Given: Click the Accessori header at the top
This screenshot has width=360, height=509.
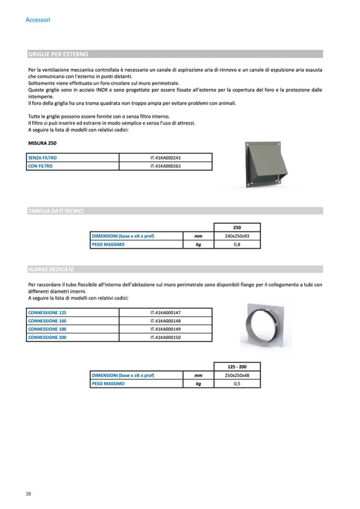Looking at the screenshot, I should [38, 20].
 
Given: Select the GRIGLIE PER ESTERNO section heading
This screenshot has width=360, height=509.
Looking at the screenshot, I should [58, 54].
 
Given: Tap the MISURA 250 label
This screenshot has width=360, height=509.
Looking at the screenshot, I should [41, 143].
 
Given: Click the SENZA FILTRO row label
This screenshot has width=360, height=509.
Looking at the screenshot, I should [42, 158].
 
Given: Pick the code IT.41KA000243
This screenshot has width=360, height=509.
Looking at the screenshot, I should [166, 158].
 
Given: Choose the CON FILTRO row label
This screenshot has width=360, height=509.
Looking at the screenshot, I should [40, 166].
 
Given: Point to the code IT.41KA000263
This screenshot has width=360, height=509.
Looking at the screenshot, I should [166, 166].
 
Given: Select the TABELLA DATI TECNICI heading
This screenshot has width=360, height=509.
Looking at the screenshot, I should [55, 211].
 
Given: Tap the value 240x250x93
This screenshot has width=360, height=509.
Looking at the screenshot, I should [237, 236].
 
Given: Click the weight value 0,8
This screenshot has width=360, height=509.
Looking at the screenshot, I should [237, 245].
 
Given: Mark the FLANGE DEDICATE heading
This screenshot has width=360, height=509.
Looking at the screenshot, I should [50, 270].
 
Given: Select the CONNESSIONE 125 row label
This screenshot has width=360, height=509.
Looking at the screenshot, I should [47, 313].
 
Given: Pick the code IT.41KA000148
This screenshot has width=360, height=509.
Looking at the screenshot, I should [166, 321].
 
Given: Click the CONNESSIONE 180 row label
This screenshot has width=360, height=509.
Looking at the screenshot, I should [47, 329].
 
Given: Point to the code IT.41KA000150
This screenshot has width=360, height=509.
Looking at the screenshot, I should [166, 337].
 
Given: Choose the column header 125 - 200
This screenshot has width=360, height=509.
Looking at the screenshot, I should [237, 367].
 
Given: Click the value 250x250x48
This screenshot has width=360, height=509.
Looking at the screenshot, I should [237, 375].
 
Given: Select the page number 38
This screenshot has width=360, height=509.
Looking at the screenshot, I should [28, 494].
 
